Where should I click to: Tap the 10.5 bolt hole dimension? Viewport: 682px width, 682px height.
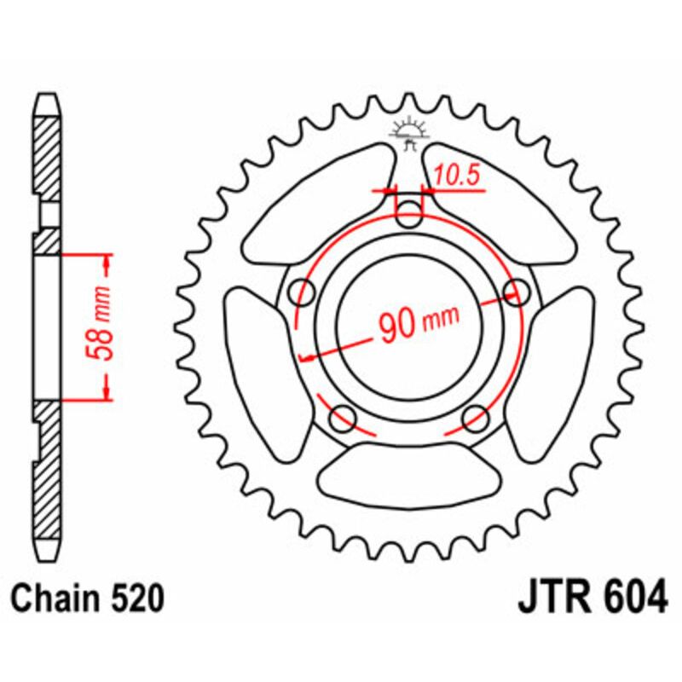(456, 176)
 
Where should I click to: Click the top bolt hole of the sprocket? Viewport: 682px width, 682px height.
(411, 214)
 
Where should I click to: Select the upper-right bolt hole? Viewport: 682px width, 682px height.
(517, 292)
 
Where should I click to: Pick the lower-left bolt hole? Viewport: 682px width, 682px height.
(344, 418)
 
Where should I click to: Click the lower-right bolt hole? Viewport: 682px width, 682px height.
(475, 418)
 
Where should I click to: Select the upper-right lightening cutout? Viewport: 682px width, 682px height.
(503, 205)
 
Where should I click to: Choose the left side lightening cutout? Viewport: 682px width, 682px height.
(256, 358)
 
